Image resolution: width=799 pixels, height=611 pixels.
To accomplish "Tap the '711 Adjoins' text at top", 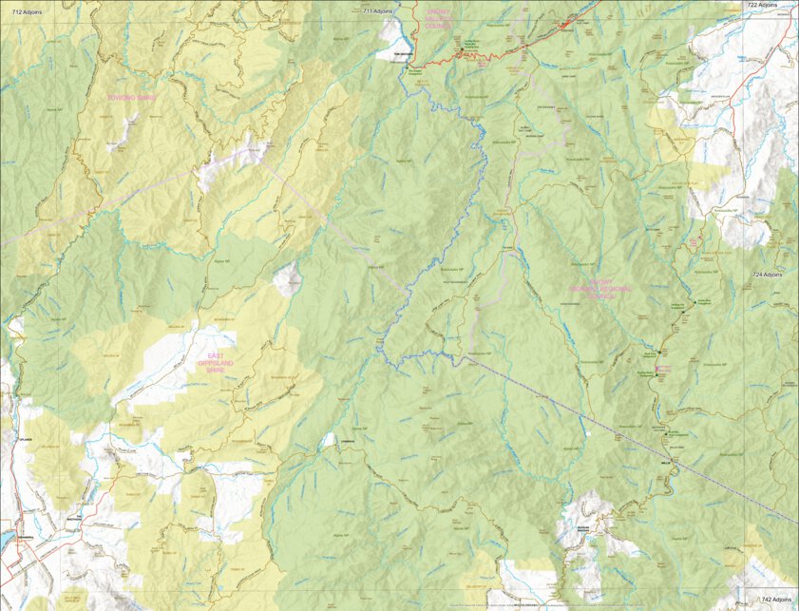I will pyautogui.click(x=378, y=11).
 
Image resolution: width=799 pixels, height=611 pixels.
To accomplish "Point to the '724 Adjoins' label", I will pyautogui.click(x=769, y=274).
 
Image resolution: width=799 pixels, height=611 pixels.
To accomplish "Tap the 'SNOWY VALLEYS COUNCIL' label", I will pyautogui.click(x=439, y=23).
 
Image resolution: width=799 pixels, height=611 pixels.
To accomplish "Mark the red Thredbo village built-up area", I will pyautogui.click(x=569, y=22).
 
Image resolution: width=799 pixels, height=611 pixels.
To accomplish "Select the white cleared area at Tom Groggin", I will pyautogui.click(x=391, y=32).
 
